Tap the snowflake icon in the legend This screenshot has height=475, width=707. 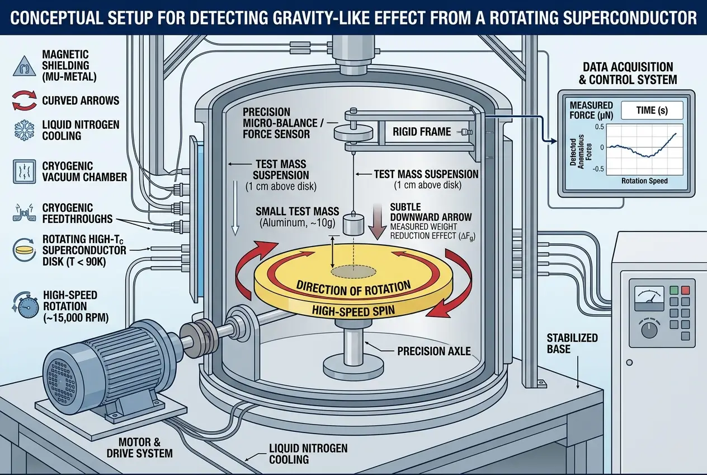(x=24, y=128)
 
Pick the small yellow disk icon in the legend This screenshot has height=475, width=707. (x=24, y=247)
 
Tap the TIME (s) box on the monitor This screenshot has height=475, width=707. (x=652, y=110)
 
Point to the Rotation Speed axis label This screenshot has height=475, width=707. (x=644, y=181)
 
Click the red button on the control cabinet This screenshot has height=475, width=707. (x=686, y=291)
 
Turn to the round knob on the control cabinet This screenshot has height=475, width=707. (x=650, y=330)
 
